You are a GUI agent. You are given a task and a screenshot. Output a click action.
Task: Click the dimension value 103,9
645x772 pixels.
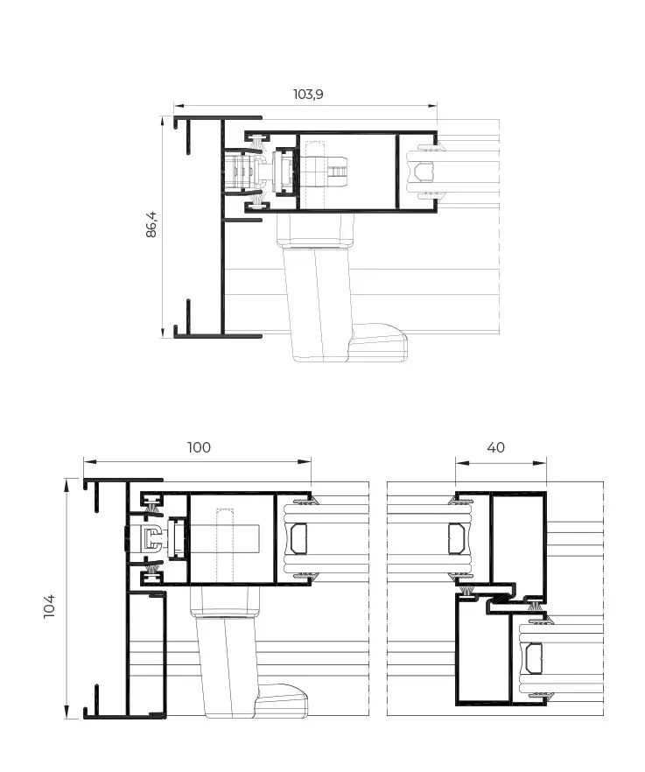306,94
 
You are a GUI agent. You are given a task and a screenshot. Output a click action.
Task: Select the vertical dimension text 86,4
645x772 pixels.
151,225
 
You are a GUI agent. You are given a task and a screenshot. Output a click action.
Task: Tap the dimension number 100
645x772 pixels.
199,447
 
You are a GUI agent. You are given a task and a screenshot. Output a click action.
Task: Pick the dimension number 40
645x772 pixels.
495,447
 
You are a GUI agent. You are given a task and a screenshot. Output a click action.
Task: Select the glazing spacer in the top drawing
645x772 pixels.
423,172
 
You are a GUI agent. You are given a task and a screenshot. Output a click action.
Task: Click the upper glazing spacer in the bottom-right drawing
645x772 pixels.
456,538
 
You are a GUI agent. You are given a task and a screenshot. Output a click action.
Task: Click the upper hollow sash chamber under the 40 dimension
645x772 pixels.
517,536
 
